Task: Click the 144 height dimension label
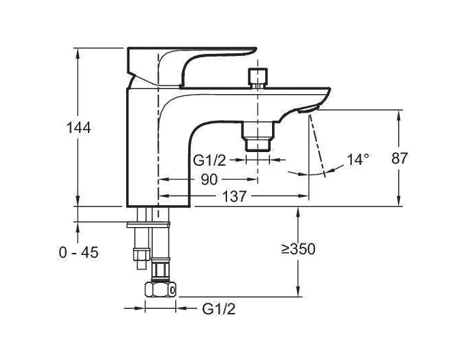78,128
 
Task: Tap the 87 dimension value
399,158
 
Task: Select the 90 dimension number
209,179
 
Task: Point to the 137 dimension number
235,196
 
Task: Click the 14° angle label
358,160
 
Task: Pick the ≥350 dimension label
298,249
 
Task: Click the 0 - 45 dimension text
78,253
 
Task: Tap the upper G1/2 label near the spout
210,160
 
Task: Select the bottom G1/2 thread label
219,309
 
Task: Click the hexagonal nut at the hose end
161,289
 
